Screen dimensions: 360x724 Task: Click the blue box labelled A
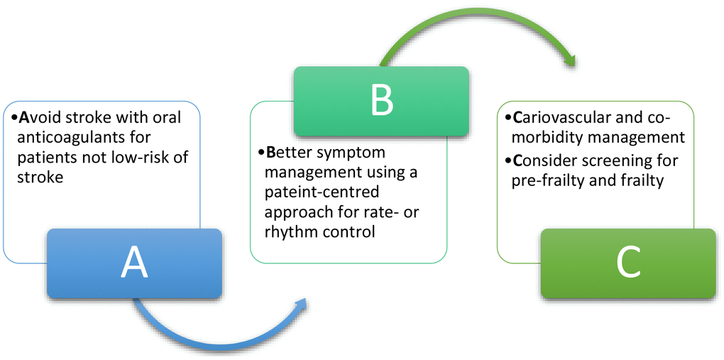click(x=134, y=263)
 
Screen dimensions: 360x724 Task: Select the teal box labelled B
click(x=380, y=101)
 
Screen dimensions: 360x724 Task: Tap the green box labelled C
click(x=627, y=263)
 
